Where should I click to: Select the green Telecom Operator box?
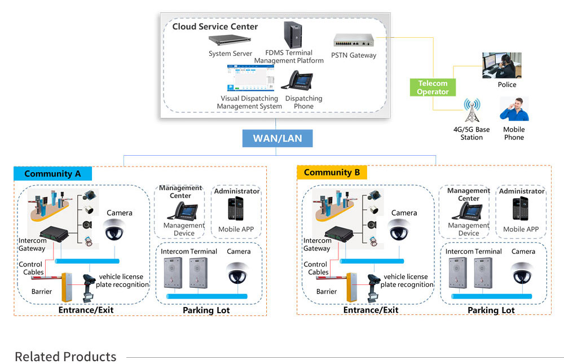point(433,87)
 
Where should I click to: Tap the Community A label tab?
point(52,174)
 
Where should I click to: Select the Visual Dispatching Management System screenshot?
point(250,78)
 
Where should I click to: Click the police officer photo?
point(501,65)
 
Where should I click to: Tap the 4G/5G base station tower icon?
point(471,111)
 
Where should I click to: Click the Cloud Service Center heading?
point(215,27)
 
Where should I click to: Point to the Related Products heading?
point(65,357)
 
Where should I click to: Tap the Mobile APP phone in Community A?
point(237,209)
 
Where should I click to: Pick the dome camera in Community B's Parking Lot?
point(523,271)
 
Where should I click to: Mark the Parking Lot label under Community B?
point(491,310)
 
